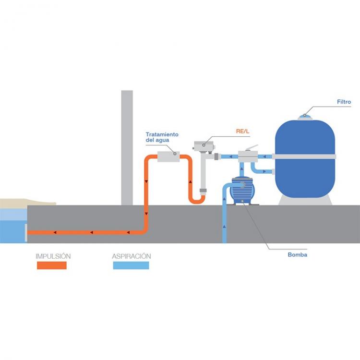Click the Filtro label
[x=344, y=102]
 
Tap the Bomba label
[x=297, y=254]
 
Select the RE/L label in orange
[x=242, y=132]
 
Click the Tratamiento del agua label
[x=162, y=137]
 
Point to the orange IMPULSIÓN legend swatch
[x=52, y=265]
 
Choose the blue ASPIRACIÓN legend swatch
[x=131, y=265]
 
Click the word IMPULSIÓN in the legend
[x=53, y=256]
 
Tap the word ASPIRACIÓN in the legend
[x=132, y=256]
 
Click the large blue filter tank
[x=305, y=158]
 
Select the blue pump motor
[x=242, y=190]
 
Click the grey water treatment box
[x=168, y=156]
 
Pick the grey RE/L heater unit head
[x=204, y=146]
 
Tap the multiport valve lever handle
[x=252, y=148]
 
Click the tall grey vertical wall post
[x=127, y=148]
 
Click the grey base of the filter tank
[x=305, y=201]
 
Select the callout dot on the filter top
[x=305, y=115]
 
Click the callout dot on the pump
[x=242, y=201]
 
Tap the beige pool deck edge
[x=27, y=204]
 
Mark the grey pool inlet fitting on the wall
[x=26, y=233]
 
